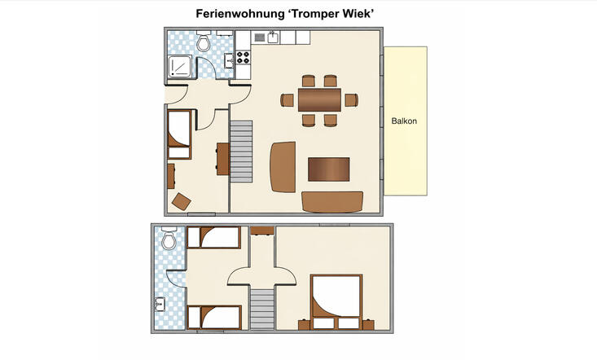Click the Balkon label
[x=404, y=121]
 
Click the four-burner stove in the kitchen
[x=244, y=57]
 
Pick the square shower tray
[x=180, y=67]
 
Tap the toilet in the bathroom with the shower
[x=204, y=42]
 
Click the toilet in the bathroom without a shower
[x=169, y=238]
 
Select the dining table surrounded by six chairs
[x=319, y=99]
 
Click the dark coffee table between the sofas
[x=328, y=169]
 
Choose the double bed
[x=336, y=302]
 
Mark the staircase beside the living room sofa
[x=241, y=151]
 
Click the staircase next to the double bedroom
[x=262, y=309]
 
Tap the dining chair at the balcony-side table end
[x=351, y=100]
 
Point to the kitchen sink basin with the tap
[x=273, y=37]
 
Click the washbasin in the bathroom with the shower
[x=229, y=60]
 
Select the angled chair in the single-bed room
[x=182, y=202]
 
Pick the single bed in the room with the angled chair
[x=179, y=134]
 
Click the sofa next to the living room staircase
[x=283, y=167]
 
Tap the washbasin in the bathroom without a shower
[x=160, y=304]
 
